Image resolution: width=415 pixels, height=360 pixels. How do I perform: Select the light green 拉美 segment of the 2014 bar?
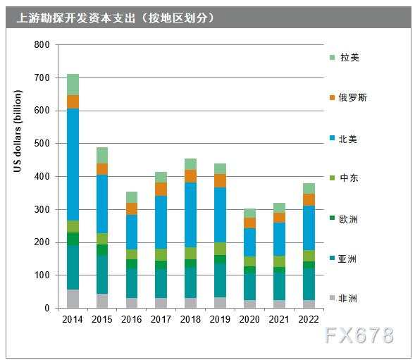tap(73, 85)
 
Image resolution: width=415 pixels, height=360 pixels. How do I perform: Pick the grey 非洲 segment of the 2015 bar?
tap(102, 301)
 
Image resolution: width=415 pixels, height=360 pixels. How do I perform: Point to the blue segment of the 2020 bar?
tap(249, 242)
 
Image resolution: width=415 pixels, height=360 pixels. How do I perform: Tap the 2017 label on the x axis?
tap(160, 319)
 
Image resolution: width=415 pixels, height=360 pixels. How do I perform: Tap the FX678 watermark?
tap(359, 336)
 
